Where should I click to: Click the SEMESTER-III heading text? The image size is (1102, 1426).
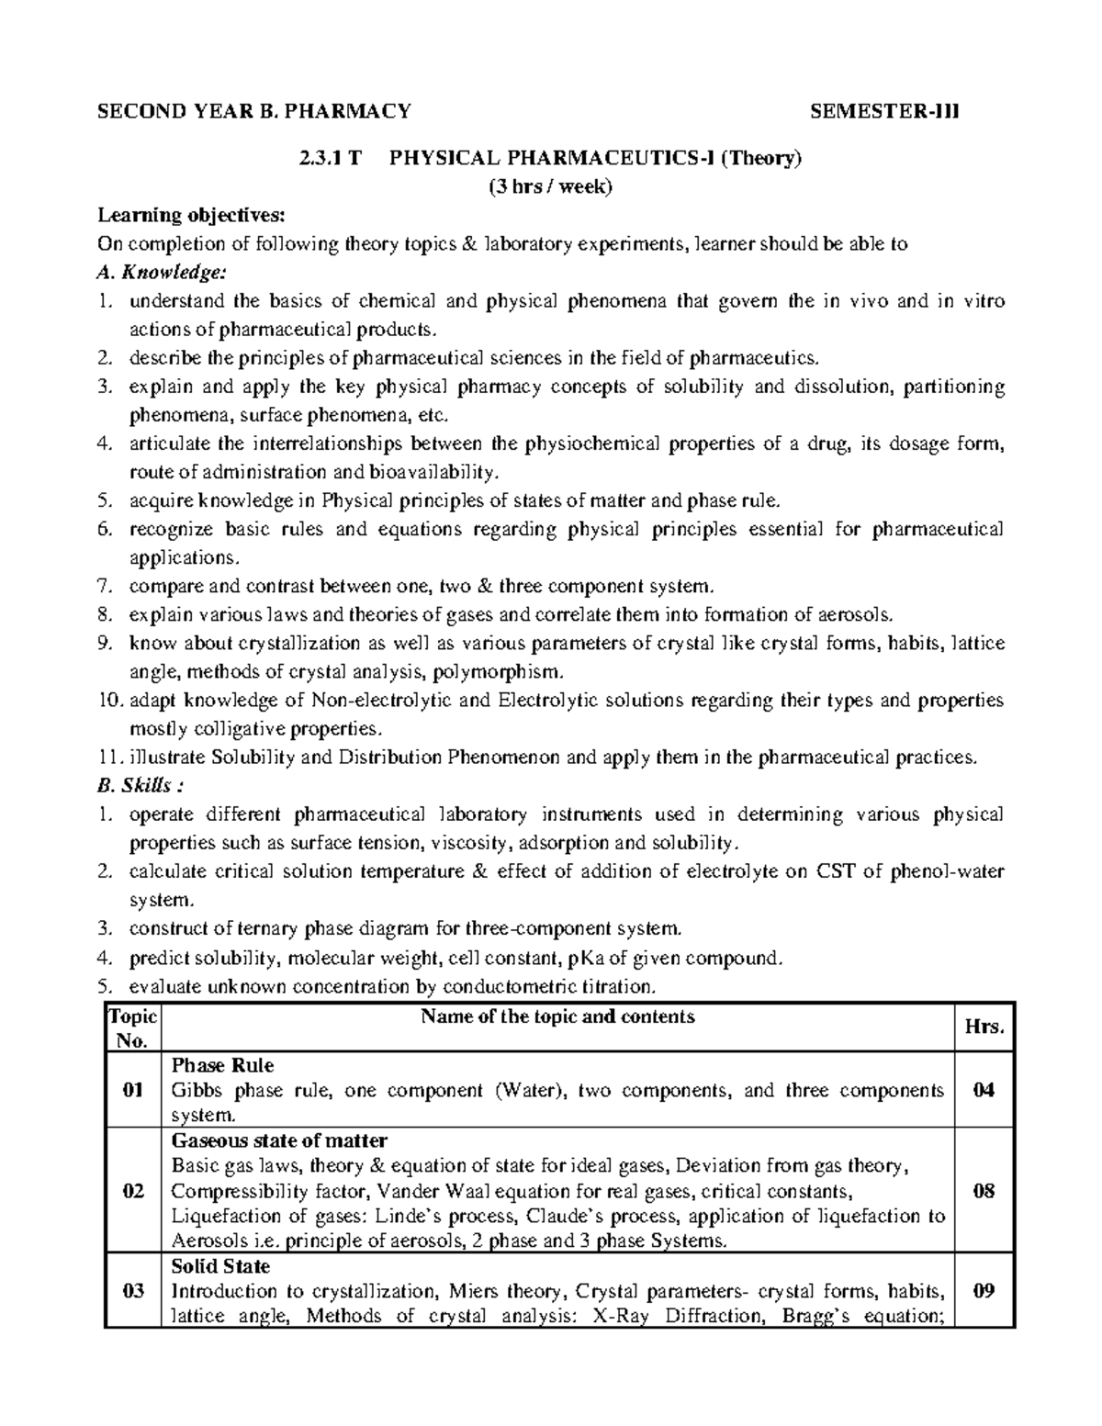tap(883, 112)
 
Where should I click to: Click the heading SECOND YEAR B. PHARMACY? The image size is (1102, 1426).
tap(254, 112)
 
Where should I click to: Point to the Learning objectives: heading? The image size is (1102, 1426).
tap(192, 216)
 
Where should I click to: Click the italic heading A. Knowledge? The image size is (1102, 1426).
tap(160, 273)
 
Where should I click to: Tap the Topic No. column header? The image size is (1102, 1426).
tap(133, 1028)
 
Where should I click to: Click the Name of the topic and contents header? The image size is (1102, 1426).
tap(557, 1016)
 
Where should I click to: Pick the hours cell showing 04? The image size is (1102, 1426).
tap(984, 1091)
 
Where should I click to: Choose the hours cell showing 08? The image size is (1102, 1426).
tap(984, 1192)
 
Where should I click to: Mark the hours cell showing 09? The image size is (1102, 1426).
tap(984, 1292)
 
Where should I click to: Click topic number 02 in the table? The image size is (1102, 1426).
tap(133, 1192)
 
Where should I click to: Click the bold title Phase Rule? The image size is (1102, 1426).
tap(222, 1066)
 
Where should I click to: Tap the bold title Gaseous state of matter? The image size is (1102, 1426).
tap(279, 1141)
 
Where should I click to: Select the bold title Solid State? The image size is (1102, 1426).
tap(220, 1267)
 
